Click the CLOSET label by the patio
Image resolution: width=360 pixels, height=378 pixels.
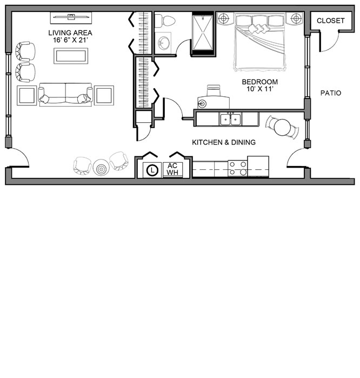click(x=330, y=21)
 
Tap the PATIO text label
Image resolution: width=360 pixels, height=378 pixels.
click(x=331, y=93)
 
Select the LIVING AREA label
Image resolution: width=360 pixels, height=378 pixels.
click(x=70, y=33)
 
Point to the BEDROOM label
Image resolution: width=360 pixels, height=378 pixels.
click(x=260, y=82)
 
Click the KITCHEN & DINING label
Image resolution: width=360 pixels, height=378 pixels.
click(x=224, y=142)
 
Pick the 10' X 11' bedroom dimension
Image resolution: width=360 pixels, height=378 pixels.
click(x=260, y=89)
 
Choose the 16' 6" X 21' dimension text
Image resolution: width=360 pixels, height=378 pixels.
click(x=70, y=40)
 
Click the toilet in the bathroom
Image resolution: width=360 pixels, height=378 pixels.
click(x=164, y=21)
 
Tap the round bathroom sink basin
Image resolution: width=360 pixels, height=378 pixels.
click(x=164, y=43)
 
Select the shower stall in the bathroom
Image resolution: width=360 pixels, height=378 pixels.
click(x=203, y=32)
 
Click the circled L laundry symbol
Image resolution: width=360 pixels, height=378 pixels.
click(x=152, y=170)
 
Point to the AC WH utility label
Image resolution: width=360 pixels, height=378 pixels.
click(x=172, y=169)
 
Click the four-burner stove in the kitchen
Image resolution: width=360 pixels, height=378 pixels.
click(x=238, y=168)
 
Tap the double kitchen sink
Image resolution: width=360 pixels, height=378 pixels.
click(x=231, y=120)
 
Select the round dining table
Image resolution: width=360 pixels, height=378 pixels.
click(x=283, y=127)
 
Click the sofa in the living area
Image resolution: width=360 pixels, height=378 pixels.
click(x=65, y=95)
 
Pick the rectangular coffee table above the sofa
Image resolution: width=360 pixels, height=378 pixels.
click(x=71, y=56)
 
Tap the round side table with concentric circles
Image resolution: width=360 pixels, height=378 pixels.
click(x=101, y=167)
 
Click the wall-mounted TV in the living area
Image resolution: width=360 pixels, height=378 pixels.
click(x=71, y=17)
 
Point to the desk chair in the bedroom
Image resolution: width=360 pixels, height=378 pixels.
click(x=214, y=90)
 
